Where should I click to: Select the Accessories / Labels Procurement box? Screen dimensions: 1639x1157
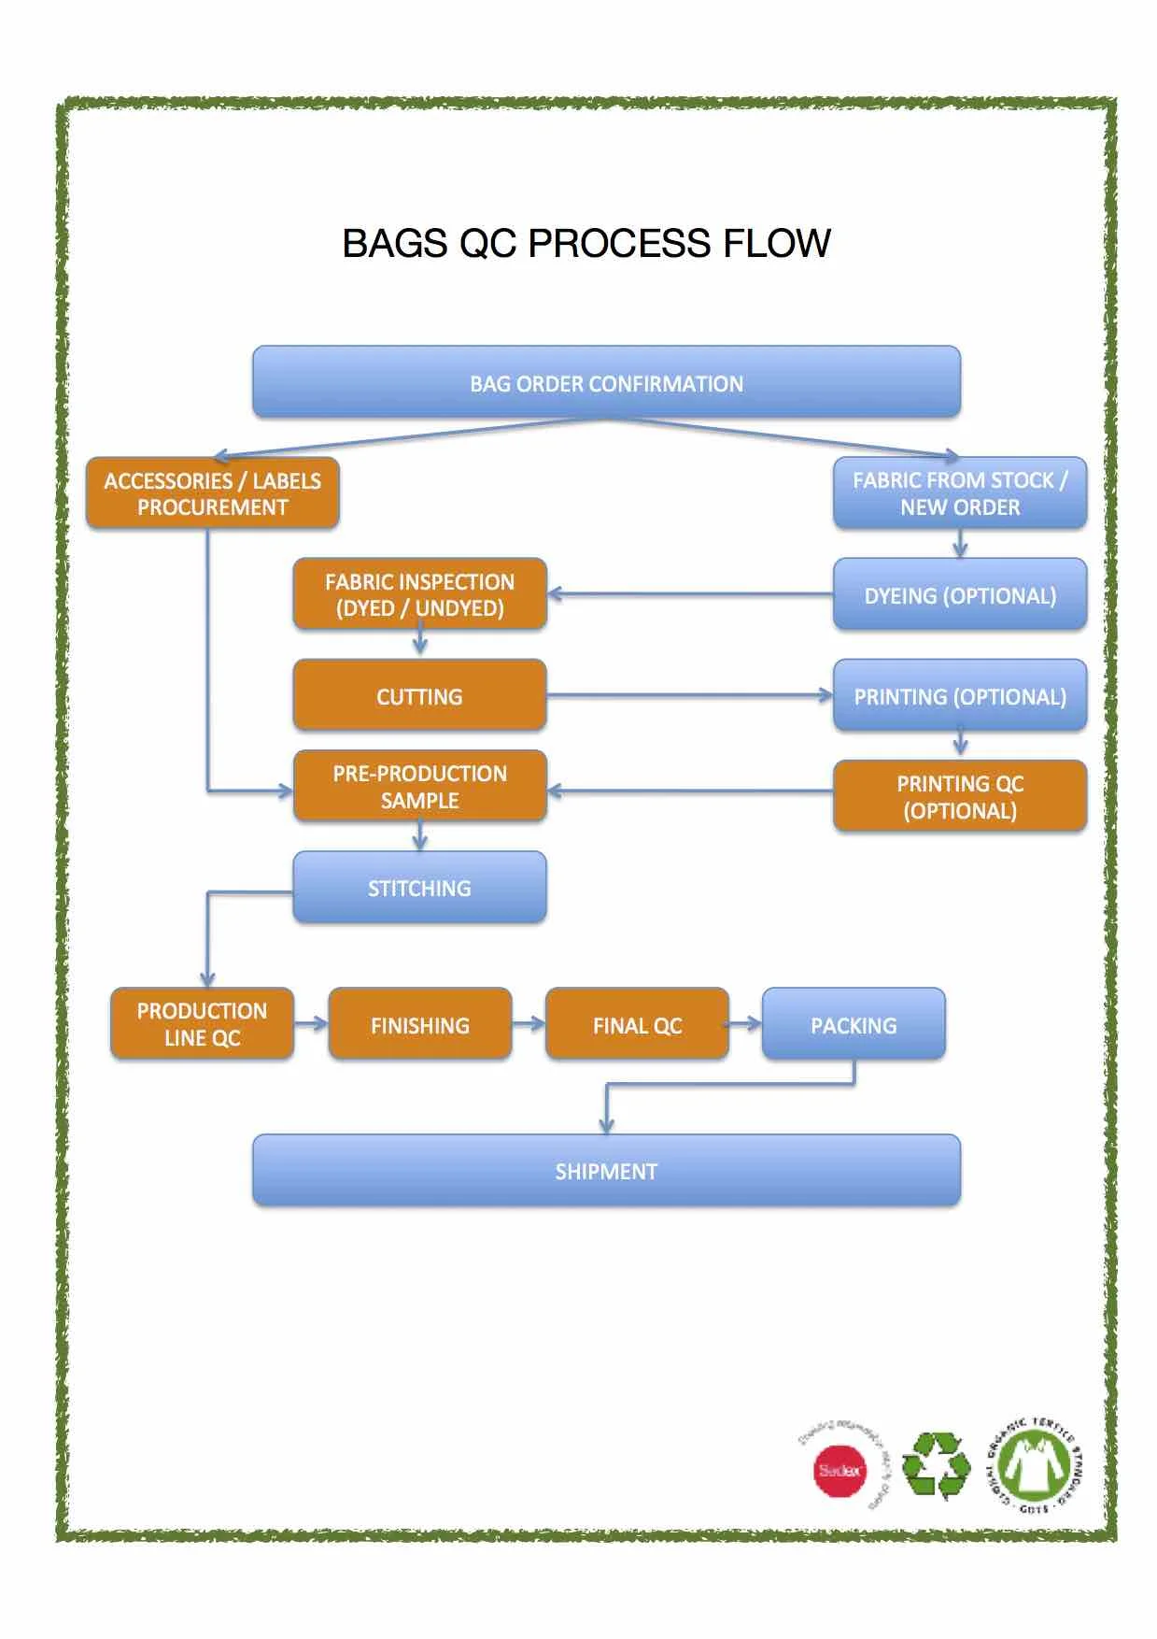click(213, 493)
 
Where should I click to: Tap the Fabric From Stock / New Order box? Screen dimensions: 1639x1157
click(960, 493)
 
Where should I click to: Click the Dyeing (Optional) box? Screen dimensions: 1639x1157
click(960, 595)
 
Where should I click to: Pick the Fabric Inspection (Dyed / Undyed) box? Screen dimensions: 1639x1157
click(419, 594)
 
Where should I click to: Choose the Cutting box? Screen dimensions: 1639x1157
click(419, 696)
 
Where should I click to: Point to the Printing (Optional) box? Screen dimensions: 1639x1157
click(960, 696)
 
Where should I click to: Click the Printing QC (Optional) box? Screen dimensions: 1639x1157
click(960, 796)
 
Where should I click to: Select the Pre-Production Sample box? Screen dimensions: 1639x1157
click(419, 787)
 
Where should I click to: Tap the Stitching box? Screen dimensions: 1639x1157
click(419, 888)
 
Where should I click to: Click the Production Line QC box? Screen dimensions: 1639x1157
click(202, 1024)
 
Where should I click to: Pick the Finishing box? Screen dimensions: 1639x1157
click(420, 1025)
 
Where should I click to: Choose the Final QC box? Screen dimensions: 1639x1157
click(637, 1025)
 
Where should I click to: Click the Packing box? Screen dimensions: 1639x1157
click(854, 1025)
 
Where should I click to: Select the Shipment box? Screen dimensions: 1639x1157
click(606, 1171)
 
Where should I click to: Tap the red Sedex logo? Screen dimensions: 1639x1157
click(840, 1470)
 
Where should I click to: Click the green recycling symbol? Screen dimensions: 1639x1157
click(937, 1465)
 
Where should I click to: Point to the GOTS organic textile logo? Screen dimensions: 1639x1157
click(1035, 1465)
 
